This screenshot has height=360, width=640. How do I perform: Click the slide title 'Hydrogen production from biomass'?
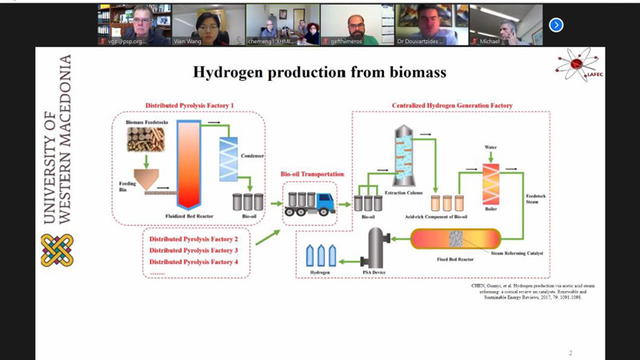point(319,73)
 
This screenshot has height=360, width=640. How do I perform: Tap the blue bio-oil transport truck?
point(310,203)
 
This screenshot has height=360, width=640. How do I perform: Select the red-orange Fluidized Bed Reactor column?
point(189,163)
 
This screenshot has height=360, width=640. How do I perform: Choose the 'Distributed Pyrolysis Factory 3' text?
point(194,250)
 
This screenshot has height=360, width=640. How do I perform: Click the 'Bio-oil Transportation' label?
point(312,174)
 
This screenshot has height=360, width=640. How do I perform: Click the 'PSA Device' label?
point(374,272)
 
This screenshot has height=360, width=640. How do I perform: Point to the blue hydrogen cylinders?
point(321,255)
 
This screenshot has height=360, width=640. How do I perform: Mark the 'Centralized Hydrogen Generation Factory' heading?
point(452,106)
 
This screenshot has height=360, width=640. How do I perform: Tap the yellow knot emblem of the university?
point(57,250)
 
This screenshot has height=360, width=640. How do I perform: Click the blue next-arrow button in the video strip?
point(556,25)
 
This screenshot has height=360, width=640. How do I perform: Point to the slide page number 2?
point(570,353)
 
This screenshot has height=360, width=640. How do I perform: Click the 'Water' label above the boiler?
point(490,148)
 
